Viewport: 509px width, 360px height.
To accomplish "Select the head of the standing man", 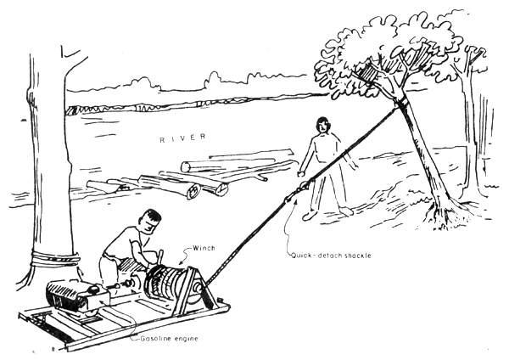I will pos(322,130).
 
